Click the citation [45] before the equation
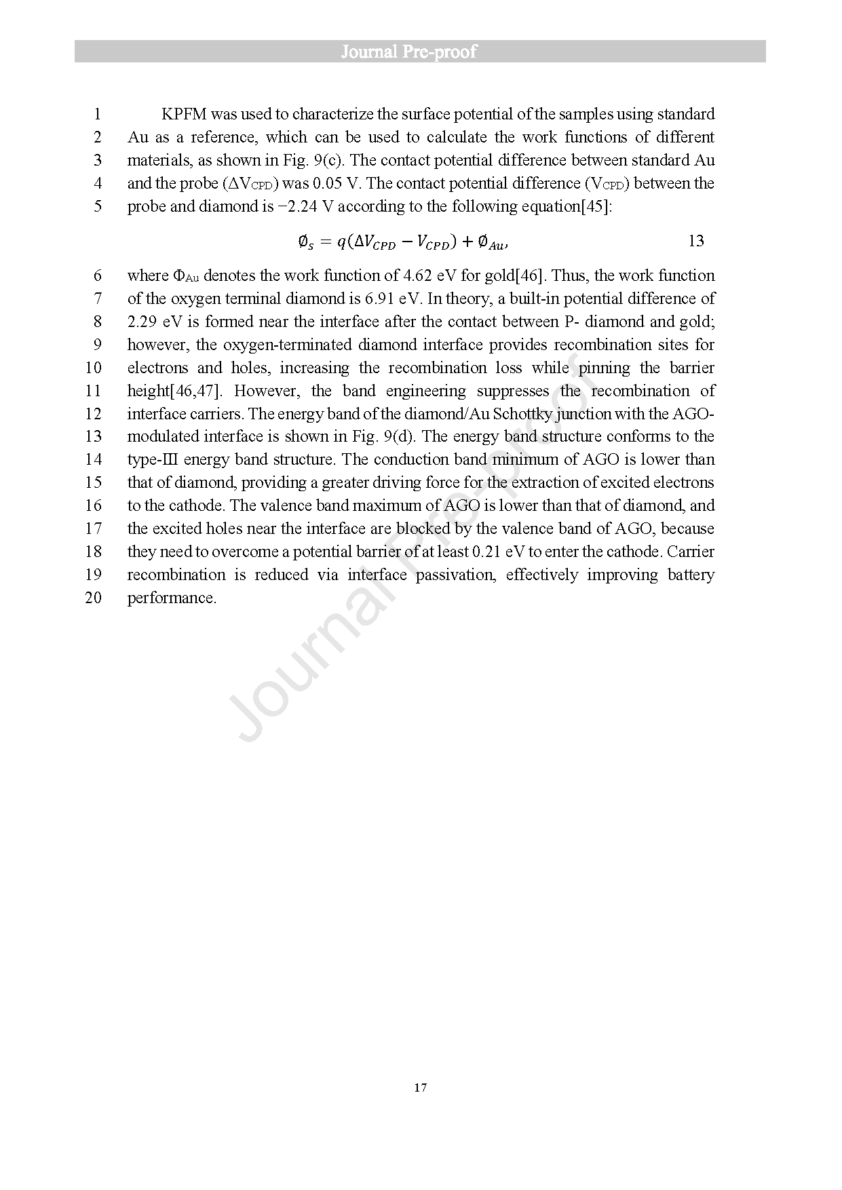(x=596, y=206)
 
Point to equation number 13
(x=696, y=241)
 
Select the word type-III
(x=153, y=459)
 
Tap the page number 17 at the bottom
(x=420, y=1088)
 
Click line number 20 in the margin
(x=93, y=598)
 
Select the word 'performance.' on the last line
(x=172, y=598)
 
